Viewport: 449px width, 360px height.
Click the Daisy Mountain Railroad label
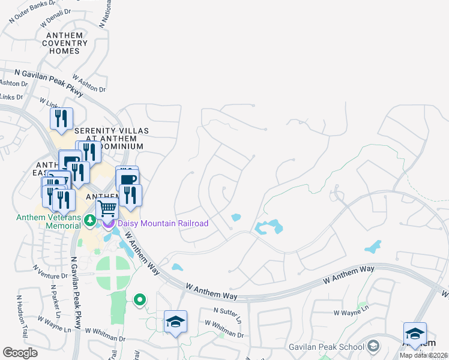coord(163,224)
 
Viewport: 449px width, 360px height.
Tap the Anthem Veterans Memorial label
coord(48,221)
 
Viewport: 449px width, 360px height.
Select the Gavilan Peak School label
coord(334,347)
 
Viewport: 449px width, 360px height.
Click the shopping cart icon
coord(107,209)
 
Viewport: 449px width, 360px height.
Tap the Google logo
coord(20,353)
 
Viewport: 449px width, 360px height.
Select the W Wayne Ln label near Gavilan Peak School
coord(351,313)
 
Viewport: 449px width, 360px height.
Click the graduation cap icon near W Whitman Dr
coord(175,322)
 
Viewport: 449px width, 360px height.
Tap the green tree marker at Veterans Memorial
coord(90,220)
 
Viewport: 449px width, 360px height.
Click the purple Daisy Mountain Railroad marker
coord(109,224)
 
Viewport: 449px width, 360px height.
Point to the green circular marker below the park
coord(140,299)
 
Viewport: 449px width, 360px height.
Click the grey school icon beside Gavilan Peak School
coord(373,346)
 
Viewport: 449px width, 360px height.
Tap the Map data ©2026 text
coord(423,355)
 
